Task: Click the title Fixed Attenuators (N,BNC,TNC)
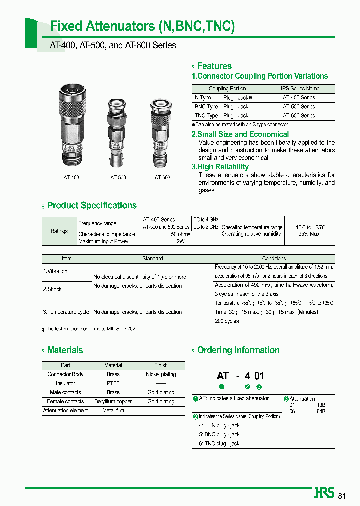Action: click(x=142, y=26)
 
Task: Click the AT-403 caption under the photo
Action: click(x=71, y=177)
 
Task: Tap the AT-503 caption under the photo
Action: click(x=118, y=177)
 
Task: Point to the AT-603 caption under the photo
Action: click(x=162, y=177)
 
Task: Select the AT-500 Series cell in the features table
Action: click(x=299, y=107)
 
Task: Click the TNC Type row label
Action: click(x=206, y=116)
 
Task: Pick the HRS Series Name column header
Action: click(x=299, y=88)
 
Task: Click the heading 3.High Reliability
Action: click(x=220, y=167)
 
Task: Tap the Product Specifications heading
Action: click(x=92, y=205)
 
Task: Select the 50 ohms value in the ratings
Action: click(x=180, y=234)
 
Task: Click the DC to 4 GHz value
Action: click(x=206, y=220)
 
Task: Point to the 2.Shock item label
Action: click(x=52, y=289)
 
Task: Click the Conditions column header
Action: click(x=274, y=258)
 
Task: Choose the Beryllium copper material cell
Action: click(x=113, y=401)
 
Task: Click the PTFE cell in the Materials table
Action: click(x=113, y=383)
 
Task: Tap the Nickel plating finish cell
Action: click(x=161, y=374)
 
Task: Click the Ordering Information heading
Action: click(x=238, y=350)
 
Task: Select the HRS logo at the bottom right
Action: click(x=324, y=492)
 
